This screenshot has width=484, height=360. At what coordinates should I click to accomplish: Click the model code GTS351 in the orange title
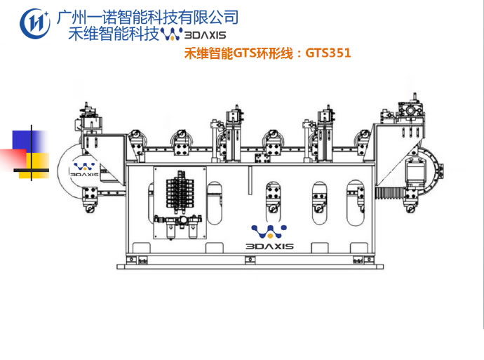click(328, 52)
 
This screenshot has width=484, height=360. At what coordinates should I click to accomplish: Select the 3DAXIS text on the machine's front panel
click(269, 246)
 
